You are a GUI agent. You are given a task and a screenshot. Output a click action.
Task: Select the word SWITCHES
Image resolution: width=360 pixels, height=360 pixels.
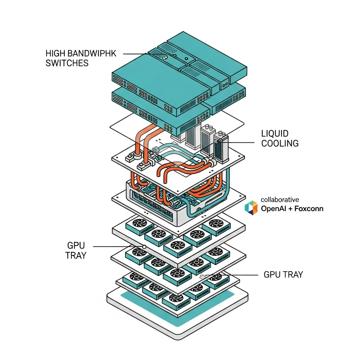pyautogui.click(x=67, y=63)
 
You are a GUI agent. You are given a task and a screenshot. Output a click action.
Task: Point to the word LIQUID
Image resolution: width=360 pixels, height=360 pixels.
pyautogui.click(x=275, y=134)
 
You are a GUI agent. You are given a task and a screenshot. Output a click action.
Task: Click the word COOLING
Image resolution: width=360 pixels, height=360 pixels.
pyautogui.click(x=280, y=143)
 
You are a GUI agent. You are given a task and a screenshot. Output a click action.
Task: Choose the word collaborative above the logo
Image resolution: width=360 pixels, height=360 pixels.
pyautogui.click(x=280, y=200)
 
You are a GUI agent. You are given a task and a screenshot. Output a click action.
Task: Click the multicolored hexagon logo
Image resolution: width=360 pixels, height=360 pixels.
pyautogui.click(x=251, y=207)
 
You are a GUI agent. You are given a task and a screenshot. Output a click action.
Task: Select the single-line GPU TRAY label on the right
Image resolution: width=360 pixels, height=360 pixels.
pyautogui.click(x=283, y=275)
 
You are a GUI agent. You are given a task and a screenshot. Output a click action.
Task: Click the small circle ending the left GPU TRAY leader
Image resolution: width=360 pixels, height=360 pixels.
pyautogui.click(x=144, y=246)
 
